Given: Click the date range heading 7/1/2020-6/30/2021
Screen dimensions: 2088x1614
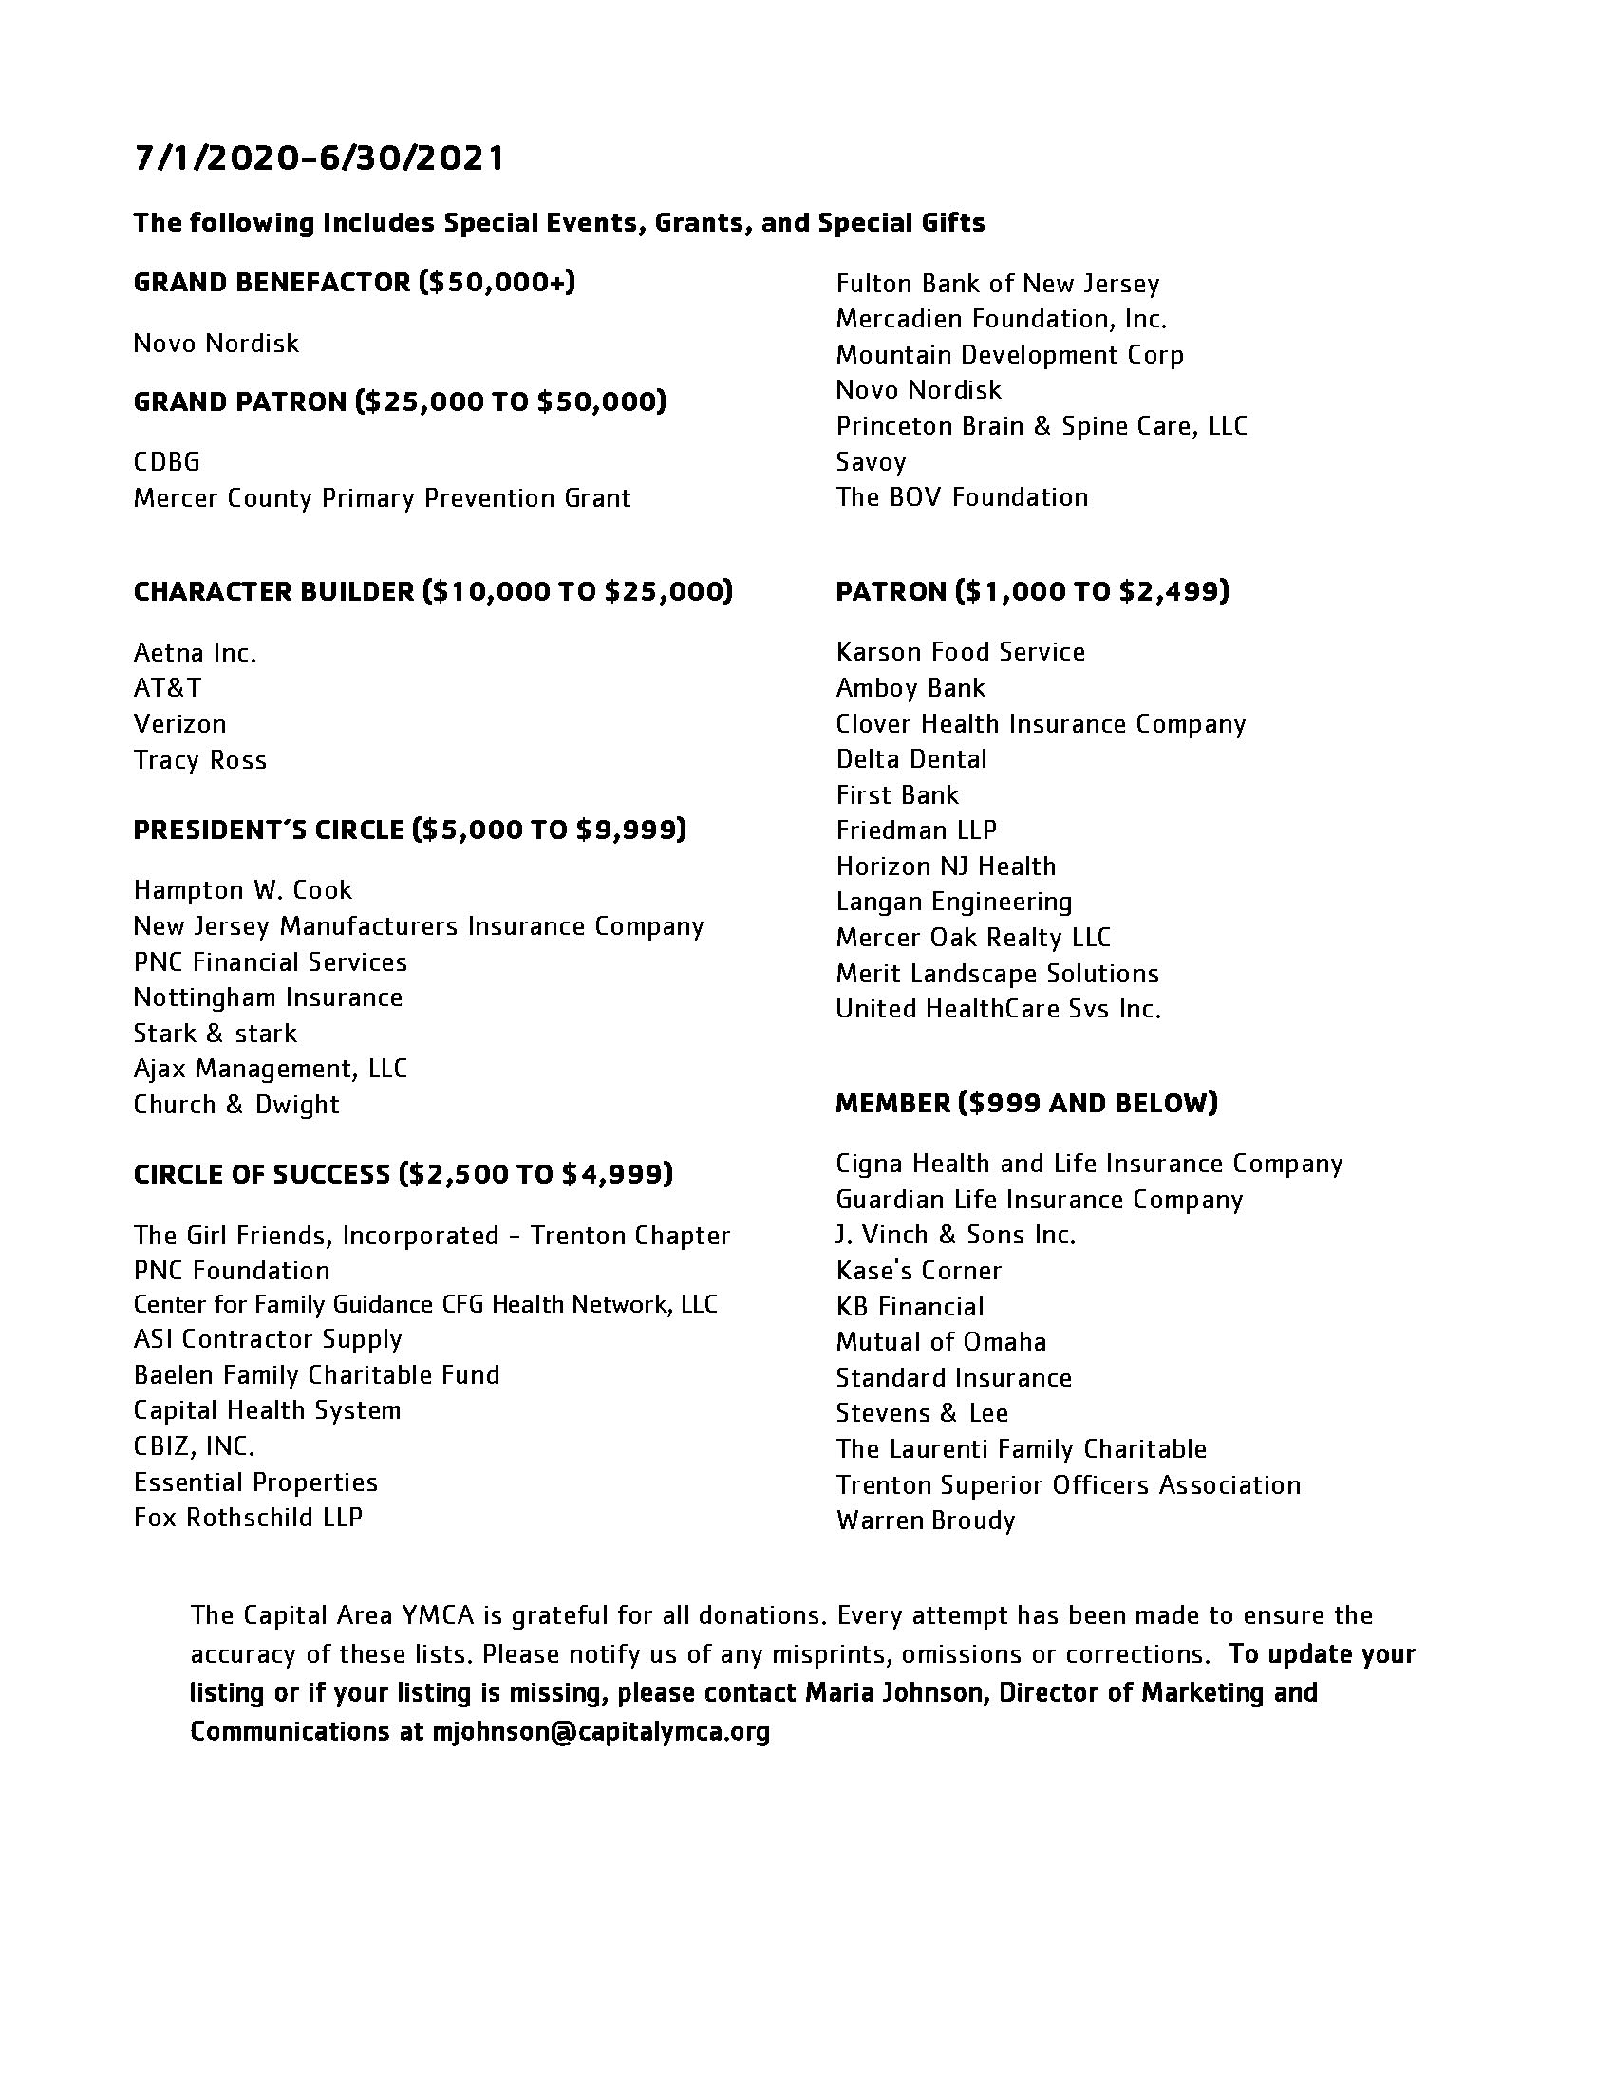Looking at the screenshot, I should (x=318, y=158).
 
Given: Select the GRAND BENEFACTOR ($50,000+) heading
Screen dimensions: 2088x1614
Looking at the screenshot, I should (x=354, y=283).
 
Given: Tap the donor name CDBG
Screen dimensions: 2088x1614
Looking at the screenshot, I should (x=166, y=463).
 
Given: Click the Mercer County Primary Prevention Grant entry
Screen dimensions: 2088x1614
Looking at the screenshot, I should (x=382, y=498).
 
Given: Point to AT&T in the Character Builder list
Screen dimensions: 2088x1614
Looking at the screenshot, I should (x=167, y=688).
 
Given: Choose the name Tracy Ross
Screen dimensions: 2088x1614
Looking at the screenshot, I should (x=199, y=760).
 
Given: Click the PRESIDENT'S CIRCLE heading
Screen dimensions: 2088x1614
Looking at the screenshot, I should (x=409, y=830).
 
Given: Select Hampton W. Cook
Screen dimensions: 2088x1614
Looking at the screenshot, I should (x=243, y=890).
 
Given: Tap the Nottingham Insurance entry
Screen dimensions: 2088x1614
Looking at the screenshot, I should (x=268, y=997).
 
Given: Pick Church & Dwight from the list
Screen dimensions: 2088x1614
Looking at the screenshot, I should (x=236, y=1104).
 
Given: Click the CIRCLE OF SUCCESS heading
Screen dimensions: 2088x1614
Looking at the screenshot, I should (x=403, y=1174).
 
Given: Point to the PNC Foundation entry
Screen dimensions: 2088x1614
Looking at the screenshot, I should (x=232, y=1271).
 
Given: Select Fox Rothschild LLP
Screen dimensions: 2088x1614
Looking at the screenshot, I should (x=248, y=1518).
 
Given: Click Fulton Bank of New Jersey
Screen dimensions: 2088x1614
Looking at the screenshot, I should (x=997, y=284).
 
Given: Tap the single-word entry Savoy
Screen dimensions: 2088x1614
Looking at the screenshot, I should (x=870, y=463).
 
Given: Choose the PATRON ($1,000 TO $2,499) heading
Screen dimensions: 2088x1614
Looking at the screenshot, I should (x=1032, y=592).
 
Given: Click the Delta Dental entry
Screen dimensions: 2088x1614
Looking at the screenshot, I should (x=911, y=759).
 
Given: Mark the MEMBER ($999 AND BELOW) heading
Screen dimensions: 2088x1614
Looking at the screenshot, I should (x=1026, y=1103).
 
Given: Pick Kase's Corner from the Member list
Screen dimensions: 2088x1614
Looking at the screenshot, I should (x=918, y=1271).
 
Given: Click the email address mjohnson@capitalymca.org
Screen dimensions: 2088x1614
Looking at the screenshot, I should (x=600, y=1731).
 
